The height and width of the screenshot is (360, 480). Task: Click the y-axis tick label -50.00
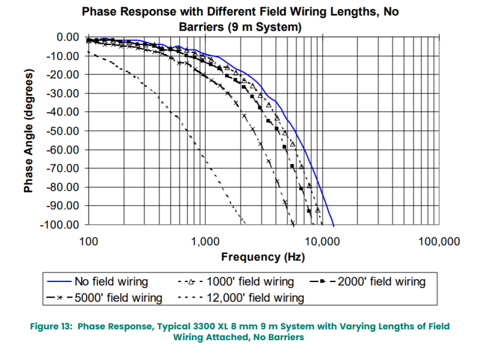tap(60, 131)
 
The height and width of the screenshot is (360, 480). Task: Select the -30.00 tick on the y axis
tap(60, 93)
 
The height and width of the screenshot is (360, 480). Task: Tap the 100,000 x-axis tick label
tap(439, 242)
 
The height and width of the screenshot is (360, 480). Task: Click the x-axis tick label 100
tap(88, 242)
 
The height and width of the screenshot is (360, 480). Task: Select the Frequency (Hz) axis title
tap(263, 257)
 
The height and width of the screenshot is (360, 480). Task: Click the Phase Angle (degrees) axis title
tap(28, 131)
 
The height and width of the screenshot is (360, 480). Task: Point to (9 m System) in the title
tap(263, 27)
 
